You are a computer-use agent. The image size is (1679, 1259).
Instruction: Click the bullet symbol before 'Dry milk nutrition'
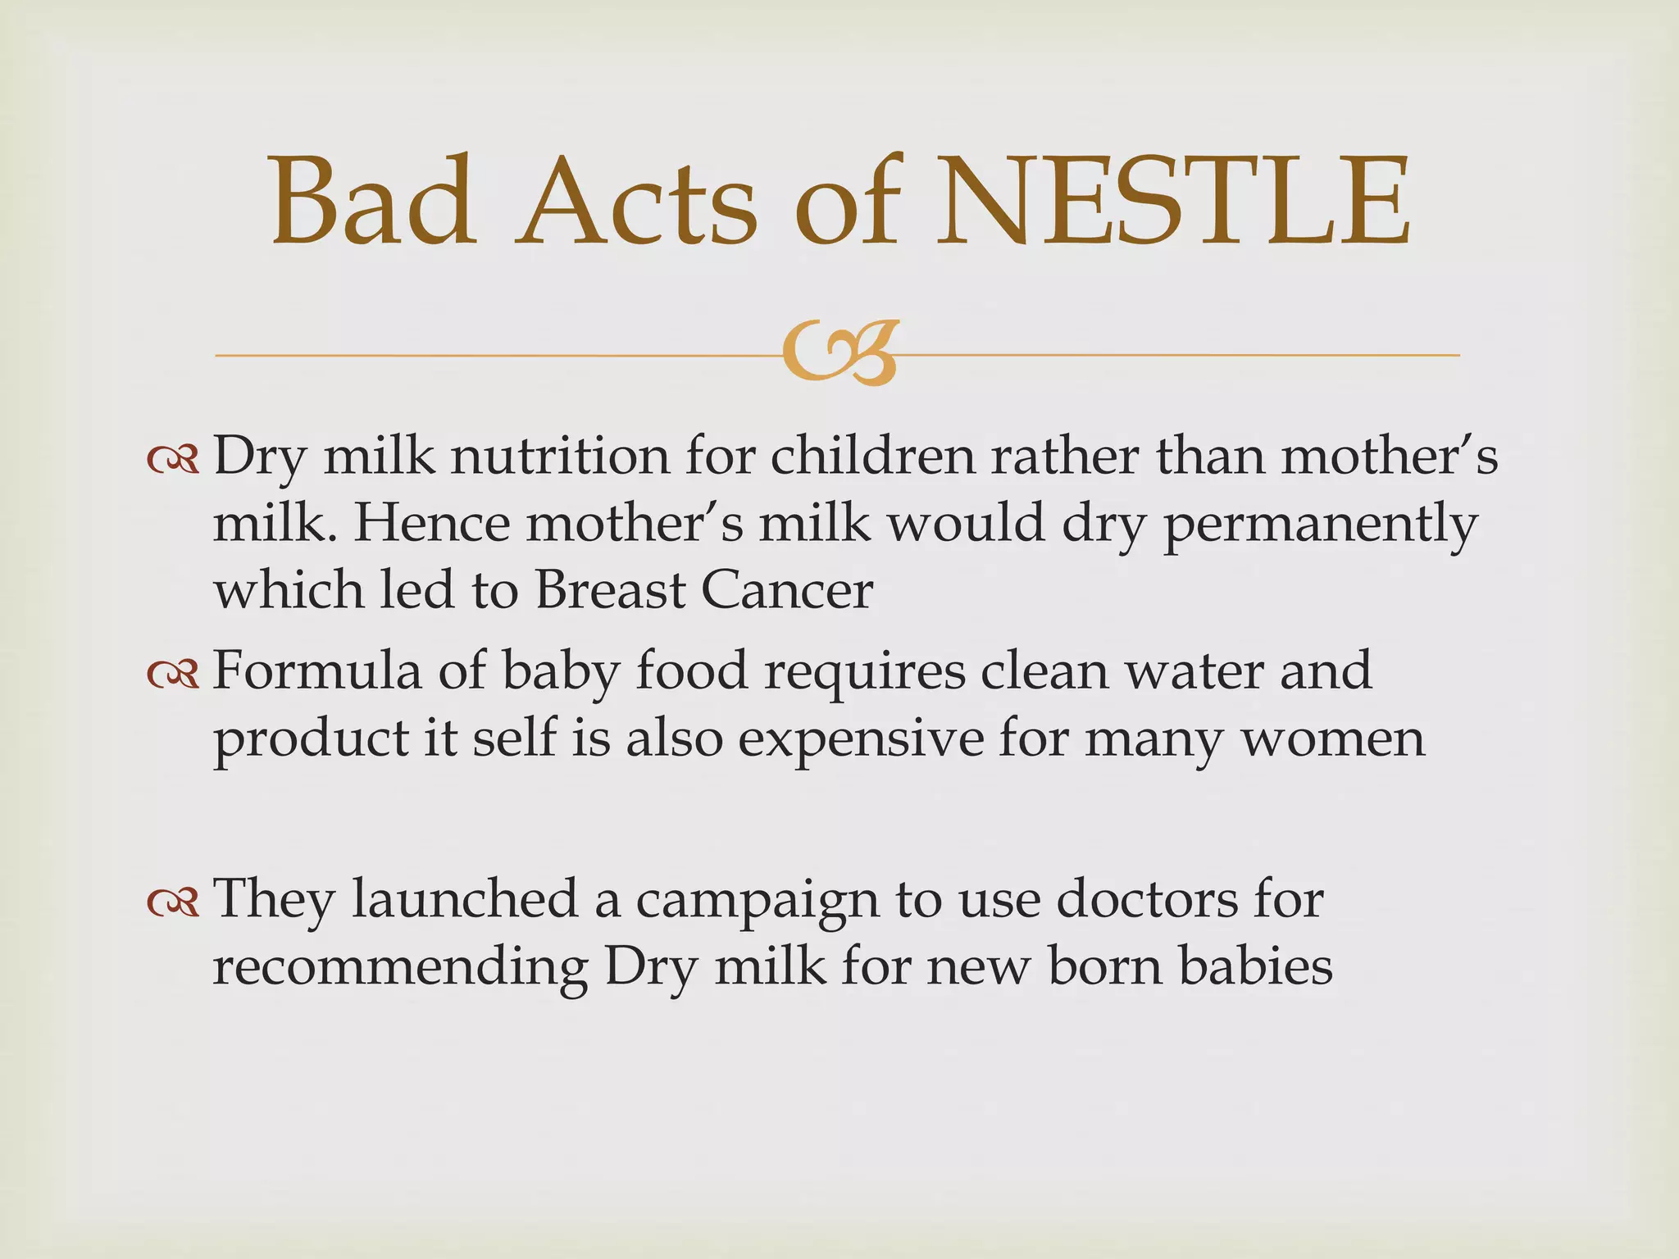[173, 461]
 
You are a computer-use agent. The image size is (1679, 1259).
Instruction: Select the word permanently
[1320, 525]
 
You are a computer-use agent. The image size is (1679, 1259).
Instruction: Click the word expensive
[860, 739]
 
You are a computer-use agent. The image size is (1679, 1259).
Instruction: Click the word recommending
[400, 967]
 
